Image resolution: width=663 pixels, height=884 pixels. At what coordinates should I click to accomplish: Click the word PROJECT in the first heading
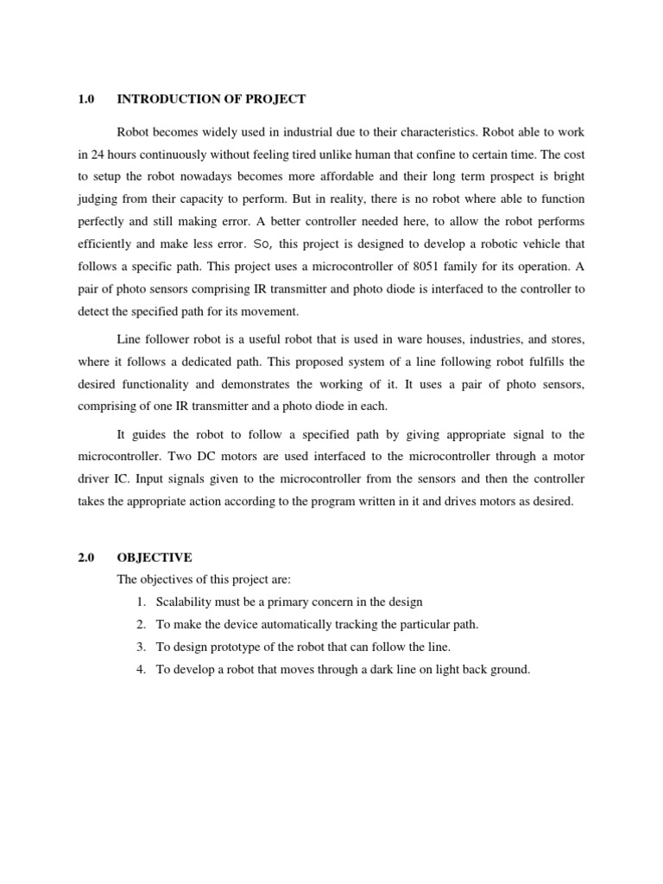(x=276, y=99)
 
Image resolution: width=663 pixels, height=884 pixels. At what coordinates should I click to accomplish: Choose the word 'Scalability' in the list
(x=184, y=602)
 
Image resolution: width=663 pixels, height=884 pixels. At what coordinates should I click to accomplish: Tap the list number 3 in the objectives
(x=140, y=647)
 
